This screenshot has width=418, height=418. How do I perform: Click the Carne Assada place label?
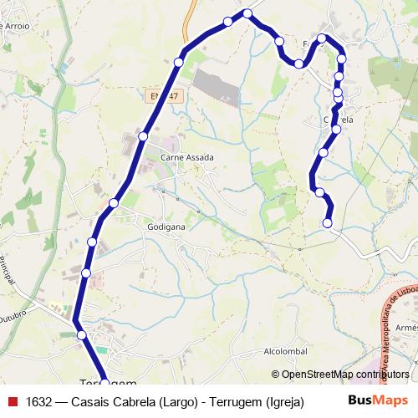pos(187,157)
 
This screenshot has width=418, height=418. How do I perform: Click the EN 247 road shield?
pos(166,97)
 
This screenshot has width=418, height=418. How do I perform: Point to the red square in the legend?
pos(13,400)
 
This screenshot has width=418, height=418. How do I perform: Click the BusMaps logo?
pos(378,400)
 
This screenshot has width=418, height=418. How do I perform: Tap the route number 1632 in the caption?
pos(39,400)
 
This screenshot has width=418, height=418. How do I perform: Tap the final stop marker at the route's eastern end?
pos(328,223)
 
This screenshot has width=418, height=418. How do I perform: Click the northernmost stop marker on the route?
pos(247,13)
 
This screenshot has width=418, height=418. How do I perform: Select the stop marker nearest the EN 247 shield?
pos(178,62)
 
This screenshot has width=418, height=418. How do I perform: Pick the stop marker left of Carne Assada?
pos(143,135)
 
